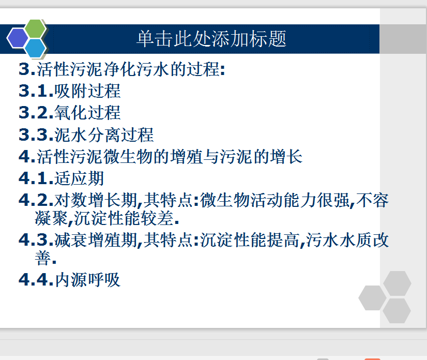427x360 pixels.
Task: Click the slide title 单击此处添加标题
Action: (211, 39)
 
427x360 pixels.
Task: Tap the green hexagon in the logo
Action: (35, 28)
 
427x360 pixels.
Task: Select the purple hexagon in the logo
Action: (18, 38)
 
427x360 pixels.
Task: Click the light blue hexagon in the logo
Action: (35, 48)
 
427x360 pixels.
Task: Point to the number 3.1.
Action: (36, 91)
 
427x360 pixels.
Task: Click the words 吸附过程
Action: (87, 91)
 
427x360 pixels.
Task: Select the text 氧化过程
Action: (87, 113)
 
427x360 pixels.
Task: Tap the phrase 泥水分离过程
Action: (104, 134)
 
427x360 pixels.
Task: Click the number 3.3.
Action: (36, 134)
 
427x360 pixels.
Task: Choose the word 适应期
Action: (79, 178)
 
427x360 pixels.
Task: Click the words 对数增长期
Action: (96, 200)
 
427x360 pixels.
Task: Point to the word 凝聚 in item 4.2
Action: (51, 218)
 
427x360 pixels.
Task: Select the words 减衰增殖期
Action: (96, 240)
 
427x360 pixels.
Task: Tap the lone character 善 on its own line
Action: (43, 258)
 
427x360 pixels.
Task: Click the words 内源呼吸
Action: (87, 280)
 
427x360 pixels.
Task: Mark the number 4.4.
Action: (36, 280)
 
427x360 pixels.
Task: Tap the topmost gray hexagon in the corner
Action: (397, 283)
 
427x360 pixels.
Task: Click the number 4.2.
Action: (36, 200)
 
